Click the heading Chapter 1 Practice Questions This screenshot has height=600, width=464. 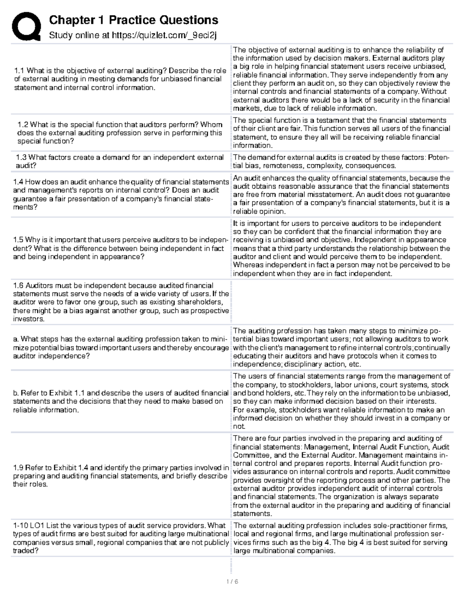coord(133,20)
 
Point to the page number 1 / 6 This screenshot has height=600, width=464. coord(232,581)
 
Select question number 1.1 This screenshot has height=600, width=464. coord(19,71)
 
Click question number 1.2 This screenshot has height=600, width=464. coord(23,124)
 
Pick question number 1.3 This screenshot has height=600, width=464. coord(21,157)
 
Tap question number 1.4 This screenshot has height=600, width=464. coord(18,182)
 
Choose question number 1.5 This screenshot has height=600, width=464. coord(18,240)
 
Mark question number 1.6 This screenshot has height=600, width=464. coord(18,286)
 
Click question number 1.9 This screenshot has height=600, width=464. coord(18,467)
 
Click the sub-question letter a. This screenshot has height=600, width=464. coord(15,339)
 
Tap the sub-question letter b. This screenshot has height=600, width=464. coord(15,393)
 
